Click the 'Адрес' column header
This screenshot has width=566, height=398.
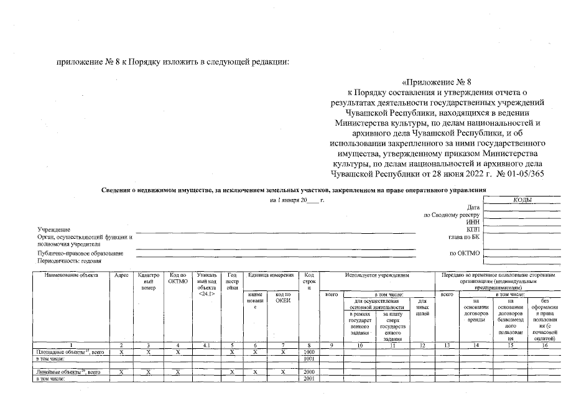click(122, 274)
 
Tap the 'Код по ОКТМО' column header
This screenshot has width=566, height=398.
click(178, 278)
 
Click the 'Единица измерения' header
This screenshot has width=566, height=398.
click(271, 274)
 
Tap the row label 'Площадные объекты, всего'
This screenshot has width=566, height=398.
click(69, 352)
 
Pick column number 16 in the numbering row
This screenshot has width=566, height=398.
click(544, 345)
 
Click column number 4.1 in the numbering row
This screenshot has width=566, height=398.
click(205, 345)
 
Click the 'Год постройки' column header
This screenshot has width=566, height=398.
click(232, 281)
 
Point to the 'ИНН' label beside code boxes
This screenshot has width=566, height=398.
click(474, 222)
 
